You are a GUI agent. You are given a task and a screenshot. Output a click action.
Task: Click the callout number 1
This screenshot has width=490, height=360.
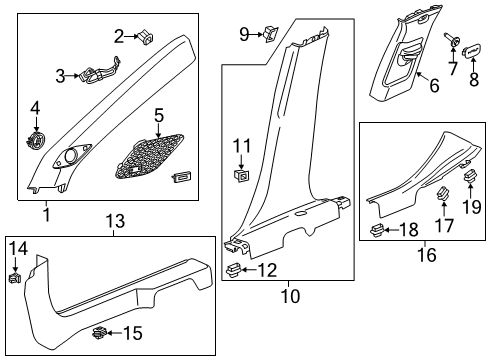[x=45, y=213]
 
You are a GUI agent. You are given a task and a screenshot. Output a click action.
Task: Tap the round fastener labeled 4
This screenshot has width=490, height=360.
[x=37, y=139]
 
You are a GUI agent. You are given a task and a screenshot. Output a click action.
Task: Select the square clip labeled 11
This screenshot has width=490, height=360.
[x=240, y=177]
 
